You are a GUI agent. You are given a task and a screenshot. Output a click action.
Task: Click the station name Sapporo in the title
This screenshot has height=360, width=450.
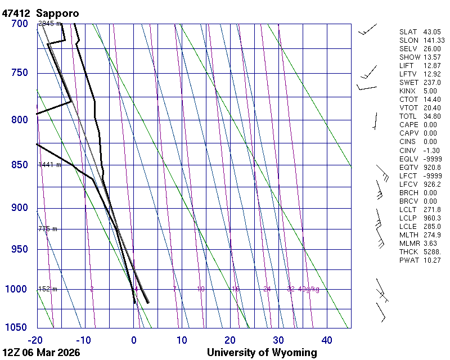(57, 12)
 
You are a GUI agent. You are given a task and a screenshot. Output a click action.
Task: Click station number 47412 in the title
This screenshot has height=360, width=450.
(17, 12)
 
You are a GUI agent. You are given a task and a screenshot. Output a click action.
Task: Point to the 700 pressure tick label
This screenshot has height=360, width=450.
(19, 24)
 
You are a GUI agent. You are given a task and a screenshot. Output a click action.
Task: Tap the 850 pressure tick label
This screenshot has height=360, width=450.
(19, 165)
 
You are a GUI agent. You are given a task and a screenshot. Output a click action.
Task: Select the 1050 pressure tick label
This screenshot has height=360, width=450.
(17, 327)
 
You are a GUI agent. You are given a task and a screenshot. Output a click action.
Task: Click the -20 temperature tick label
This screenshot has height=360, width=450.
(36, 340)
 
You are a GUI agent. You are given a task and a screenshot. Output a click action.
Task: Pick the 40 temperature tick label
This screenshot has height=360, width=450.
(327, 340)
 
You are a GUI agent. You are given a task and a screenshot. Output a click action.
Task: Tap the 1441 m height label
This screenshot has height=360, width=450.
(48, 165)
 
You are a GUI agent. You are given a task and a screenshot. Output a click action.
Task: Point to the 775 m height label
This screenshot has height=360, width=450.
(48, 229)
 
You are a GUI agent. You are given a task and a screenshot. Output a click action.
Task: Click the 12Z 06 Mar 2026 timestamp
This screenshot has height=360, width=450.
(41, 353)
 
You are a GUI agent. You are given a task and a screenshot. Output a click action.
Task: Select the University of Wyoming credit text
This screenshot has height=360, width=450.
(262, 353)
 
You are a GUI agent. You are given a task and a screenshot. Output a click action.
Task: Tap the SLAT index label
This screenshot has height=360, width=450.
(409, 32)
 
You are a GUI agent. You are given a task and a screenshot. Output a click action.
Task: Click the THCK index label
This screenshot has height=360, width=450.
(409, 251)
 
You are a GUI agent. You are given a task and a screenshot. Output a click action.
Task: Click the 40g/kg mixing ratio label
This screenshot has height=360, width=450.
(309, 289)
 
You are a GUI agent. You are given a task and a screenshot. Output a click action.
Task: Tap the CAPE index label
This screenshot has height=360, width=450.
(409, 125)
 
